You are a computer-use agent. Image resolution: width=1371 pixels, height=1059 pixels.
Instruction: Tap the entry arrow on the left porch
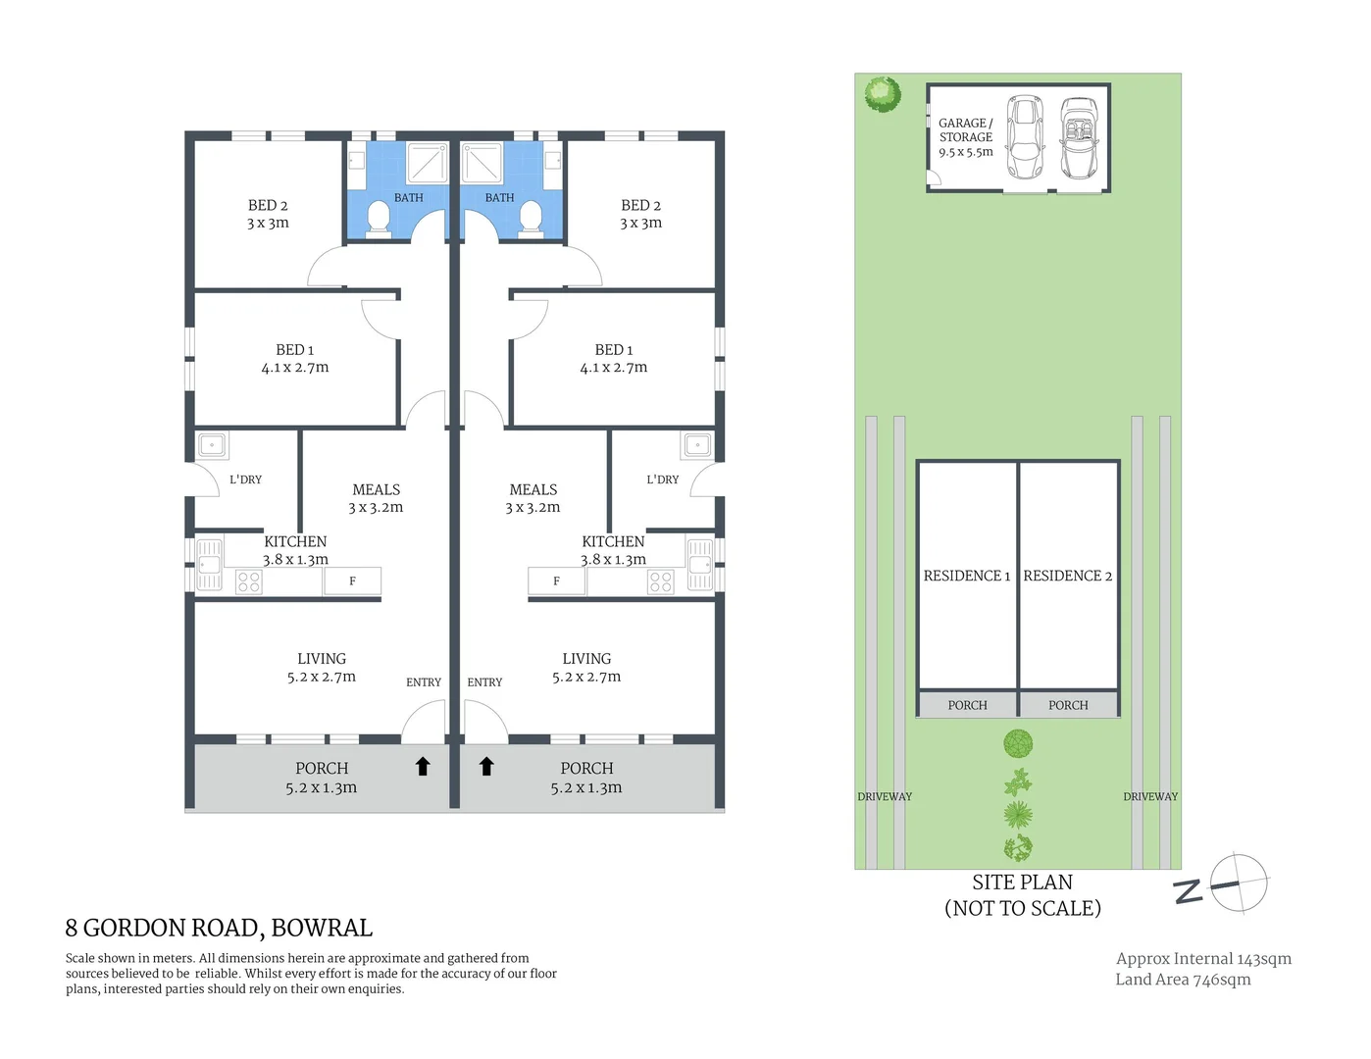click(423, 767)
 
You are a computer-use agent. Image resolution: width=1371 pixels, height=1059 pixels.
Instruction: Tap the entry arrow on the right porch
click(486, 767)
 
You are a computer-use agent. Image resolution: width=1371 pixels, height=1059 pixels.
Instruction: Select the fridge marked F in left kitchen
click(352, 581)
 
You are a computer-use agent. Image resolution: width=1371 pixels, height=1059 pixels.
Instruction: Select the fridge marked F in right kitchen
click(556, 581)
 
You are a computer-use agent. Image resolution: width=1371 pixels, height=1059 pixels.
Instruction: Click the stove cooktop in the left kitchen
click(249, 582)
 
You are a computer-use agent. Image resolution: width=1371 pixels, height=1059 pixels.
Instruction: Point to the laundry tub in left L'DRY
click(212, 445)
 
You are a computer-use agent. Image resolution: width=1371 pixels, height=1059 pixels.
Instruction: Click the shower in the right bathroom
click(482, 163)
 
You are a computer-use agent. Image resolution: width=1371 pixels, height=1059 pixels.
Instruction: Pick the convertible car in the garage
click(1079, 137)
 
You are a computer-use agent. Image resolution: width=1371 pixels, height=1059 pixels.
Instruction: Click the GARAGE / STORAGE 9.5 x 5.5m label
click(965, 137)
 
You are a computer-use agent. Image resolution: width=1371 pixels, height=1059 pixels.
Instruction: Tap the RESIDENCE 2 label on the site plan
click(1067, 576)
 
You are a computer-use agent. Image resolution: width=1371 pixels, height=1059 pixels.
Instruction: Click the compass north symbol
click(1238, 883)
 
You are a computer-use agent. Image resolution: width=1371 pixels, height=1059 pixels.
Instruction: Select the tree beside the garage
click(883, 94)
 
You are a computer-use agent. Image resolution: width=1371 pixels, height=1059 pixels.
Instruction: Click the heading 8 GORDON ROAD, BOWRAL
click(219, 928)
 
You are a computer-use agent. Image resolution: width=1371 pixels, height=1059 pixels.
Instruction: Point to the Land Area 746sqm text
click(1183, 980)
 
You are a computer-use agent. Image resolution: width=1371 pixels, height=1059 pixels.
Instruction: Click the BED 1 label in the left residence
click(294, 359)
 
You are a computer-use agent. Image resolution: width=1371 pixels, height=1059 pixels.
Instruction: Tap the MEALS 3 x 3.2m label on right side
click(533, 498)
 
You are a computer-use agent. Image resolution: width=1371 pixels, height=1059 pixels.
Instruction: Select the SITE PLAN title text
click(1022, 882)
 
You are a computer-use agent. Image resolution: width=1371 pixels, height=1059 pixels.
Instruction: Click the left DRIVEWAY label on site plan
click(885, 797)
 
